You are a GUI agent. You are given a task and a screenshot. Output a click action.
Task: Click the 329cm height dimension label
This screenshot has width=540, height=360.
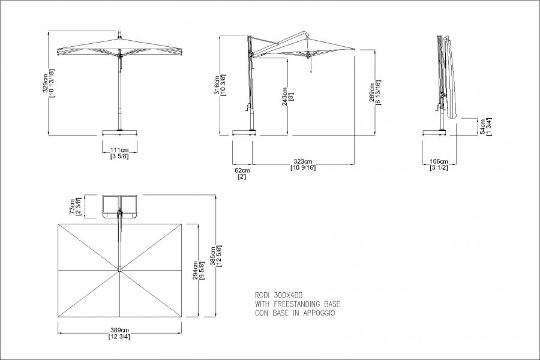click(45, 83)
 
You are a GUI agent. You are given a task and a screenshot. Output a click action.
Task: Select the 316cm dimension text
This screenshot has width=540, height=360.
click(217, 85)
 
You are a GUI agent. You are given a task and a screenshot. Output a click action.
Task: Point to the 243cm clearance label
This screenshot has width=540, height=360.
click(285, 97)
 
